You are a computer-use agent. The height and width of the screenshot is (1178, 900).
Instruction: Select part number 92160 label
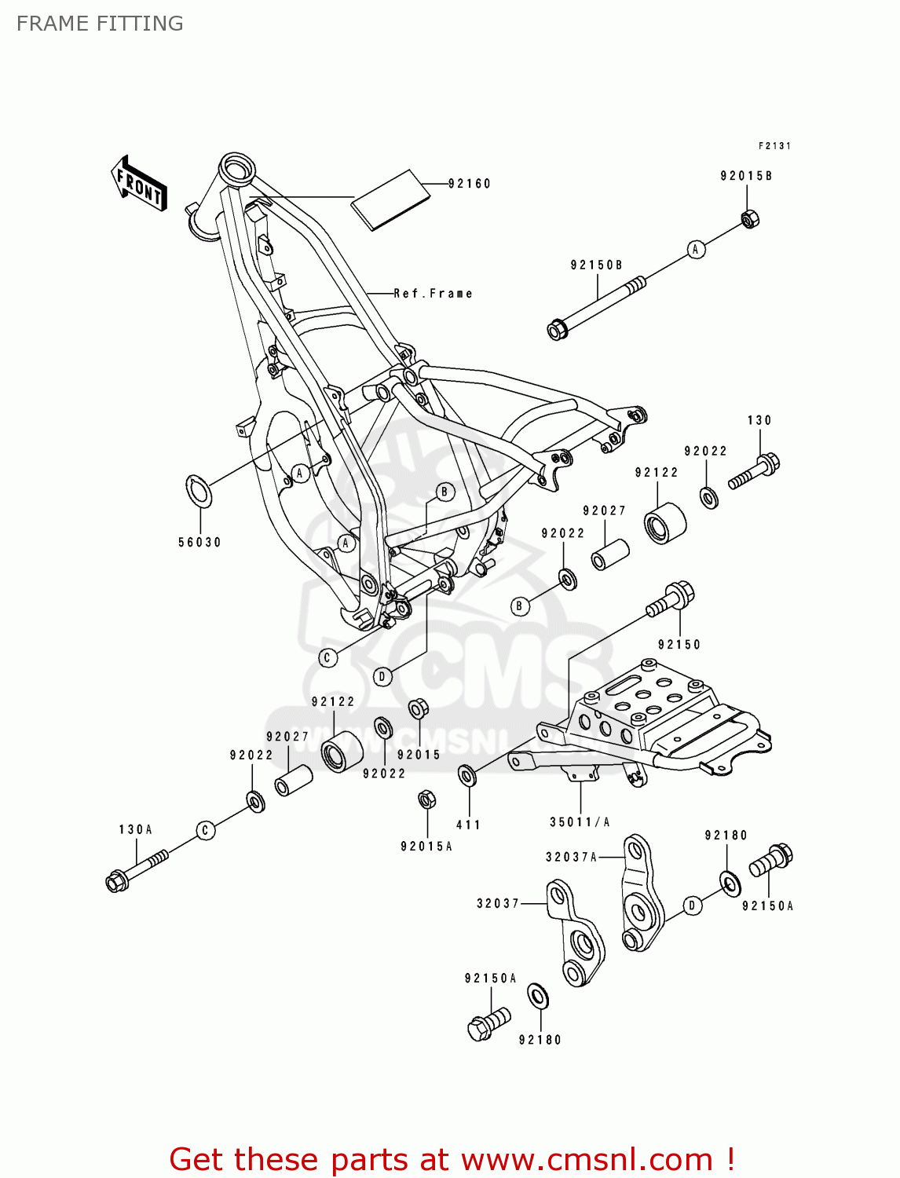click(x=470, y=184)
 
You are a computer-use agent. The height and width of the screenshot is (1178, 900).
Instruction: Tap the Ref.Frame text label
click(x=433, y=294)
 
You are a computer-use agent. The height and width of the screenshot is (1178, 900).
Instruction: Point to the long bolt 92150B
click(x=597, y=305)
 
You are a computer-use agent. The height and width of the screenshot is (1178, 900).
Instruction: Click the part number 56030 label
click(x=199, y=543)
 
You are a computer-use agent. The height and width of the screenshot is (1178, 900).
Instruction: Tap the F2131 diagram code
click(x=774, y=146)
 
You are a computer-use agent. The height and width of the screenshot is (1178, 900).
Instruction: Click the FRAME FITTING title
click(x=100, y=24)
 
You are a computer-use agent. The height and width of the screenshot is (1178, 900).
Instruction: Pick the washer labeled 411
click(x=467, y=776)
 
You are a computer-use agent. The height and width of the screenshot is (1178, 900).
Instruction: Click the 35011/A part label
click(x=580, y=822)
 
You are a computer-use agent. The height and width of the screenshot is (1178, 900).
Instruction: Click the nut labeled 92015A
click(x=426, y=800)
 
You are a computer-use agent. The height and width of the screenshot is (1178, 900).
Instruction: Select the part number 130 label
click(x=759, y=421)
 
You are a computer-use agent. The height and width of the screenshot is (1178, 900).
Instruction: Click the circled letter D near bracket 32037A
click(x=692, y=905)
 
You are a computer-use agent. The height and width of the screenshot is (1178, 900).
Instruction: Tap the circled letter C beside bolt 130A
click(x=206, y=830)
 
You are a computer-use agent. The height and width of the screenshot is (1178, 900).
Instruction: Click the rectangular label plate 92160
click(x=391, y=199)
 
